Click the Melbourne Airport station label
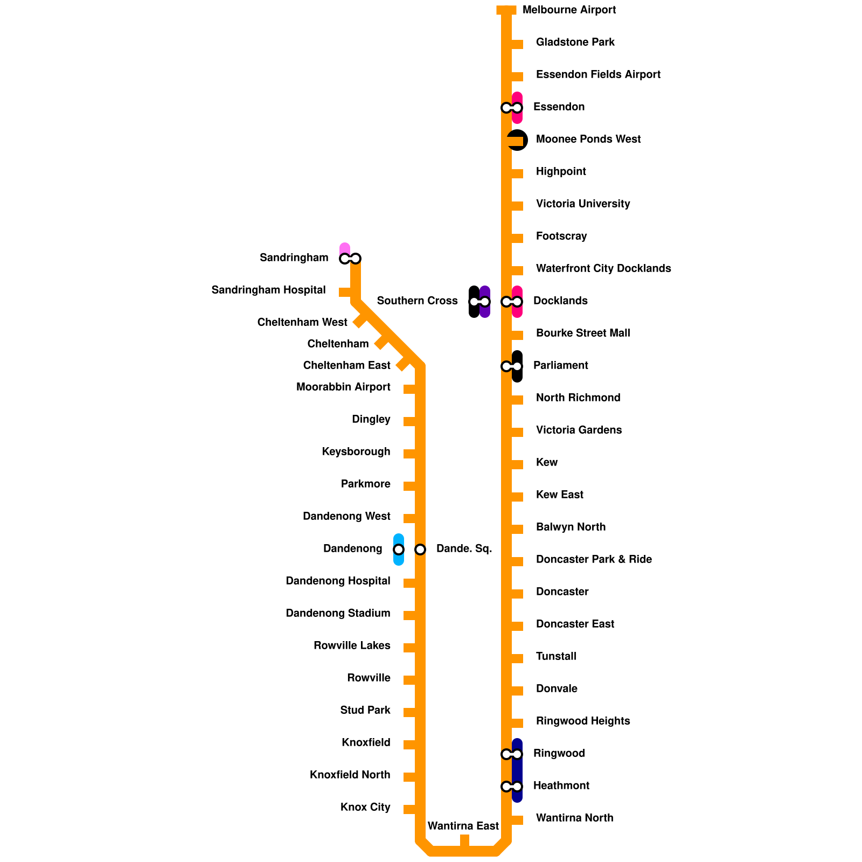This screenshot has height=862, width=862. coord(569,10)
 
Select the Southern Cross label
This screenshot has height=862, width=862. coord(417,301)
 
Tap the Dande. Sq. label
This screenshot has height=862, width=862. coord(464,549)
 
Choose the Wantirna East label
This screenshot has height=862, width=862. coord(463,826)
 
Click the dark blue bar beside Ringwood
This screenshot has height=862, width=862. coord(517,770)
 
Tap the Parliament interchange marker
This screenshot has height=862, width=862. coord(511,366)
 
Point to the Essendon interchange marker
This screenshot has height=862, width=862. coord(511,108)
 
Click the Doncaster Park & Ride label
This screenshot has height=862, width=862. coord(594,559)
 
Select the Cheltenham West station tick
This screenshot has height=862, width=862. coord(359,321)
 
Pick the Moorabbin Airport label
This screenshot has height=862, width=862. coord(343,387)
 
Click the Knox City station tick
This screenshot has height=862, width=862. coord(409,809)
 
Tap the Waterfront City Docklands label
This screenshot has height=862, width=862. coord(603,268)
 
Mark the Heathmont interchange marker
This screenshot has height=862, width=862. coord(511,787)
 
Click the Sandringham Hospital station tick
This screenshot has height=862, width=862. coord(345,292)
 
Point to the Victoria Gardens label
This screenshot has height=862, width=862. coord(579,430)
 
